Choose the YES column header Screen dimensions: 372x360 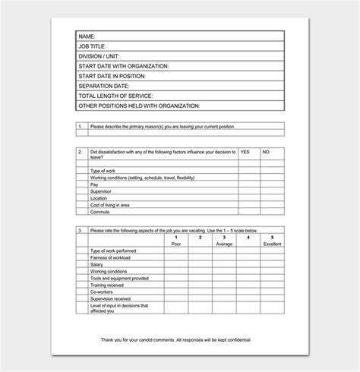click(245, 152)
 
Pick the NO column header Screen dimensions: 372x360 click(266, 152)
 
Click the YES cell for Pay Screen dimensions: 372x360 click(248, 184)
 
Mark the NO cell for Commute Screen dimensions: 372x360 click(272, 212)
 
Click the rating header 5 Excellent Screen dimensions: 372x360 click(271, 241)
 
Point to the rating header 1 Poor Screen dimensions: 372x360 click(176, 241)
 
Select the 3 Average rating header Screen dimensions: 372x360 click(223, 241)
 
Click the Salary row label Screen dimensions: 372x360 click(96, 264)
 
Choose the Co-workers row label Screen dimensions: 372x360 click(103, 292)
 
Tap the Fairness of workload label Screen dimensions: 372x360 click(112, 257)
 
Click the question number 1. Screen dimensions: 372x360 click(80, 127)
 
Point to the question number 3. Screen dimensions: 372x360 click(80, 230)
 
